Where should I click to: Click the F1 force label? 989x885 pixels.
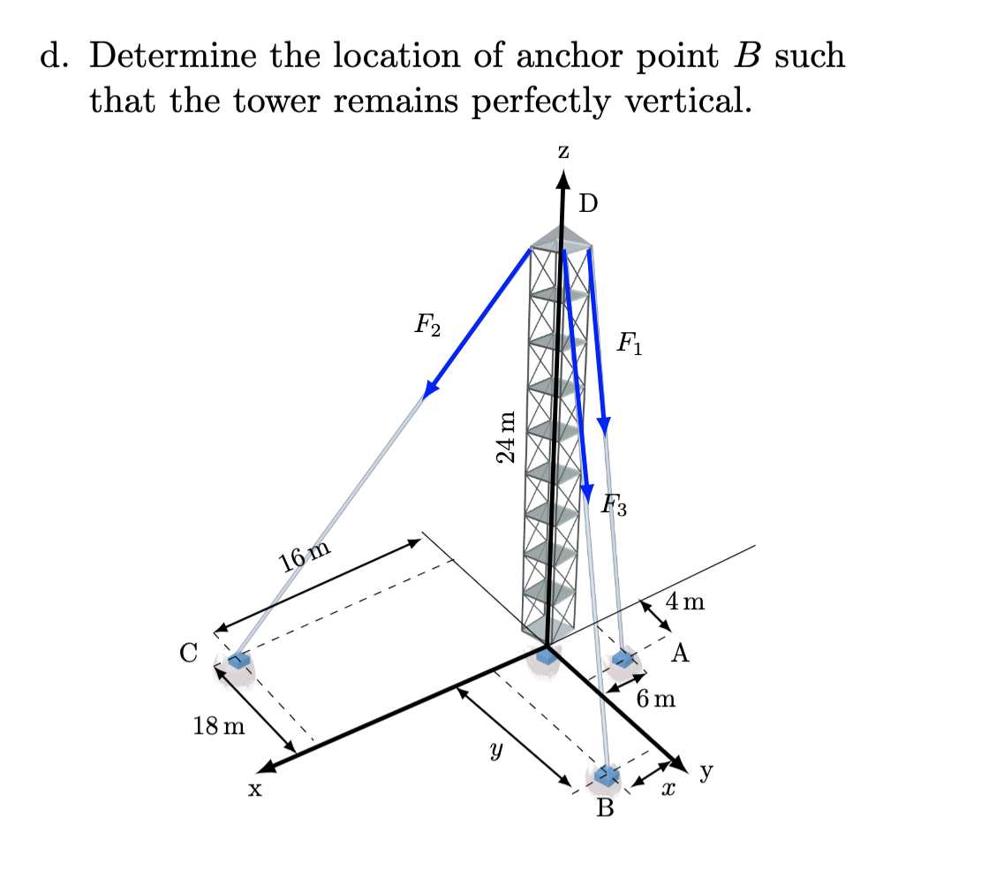coord(630,343)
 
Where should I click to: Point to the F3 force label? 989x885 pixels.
coord(615,506)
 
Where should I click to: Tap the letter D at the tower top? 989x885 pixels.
coord(588,204)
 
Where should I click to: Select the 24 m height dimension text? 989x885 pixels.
coord(506,436)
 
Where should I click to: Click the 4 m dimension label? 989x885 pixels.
coord(686,603)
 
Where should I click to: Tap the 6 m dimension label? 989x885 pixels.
coord(656,700)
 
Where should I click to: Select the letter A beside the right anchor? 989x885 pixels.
coord(680,654)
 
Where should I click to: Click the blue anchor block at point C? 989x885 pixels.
coord(238,660)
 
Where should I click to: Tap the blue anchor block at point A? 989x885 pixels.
coord(624,658)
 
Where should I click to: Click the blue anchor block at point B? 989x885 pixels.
coord(607,775)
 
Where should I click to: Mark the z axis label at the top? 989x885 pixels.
coord(563,151)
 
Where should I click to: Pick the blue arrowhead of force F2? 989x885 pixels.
coord(431,389)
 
